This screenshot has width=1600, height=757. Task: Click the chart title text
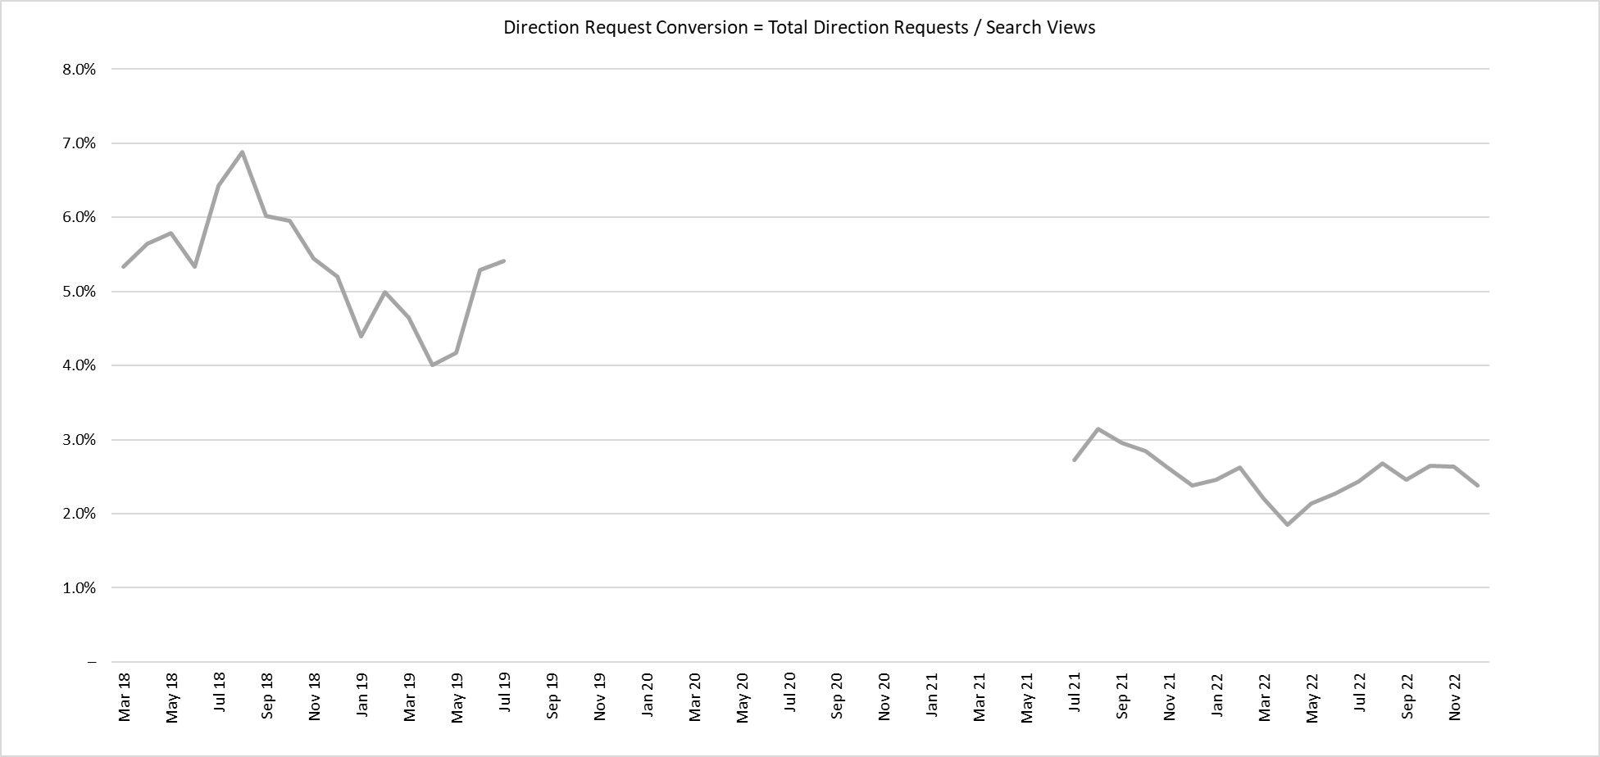tap(799, 28)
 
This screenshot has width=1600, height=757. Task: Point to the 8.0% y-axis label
tap(79, 70)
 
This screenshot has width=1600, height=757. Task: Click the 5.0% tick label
tap(79, 292)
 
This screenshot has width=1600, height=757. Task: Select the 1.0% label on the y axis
tap(79, 588)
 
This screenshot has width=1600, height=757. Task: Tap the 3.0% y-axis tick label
tap(79, 440)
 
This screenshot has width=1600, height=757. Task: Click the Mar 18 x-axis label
tap(125, 698)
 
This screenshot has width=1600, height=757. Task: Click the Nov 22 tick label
tap(1455, 697)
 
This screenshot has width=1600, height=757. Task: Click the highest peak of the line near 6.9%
tap(242, 152)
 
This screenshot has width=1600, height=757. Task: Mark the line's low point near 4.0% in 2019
tap(432, 365)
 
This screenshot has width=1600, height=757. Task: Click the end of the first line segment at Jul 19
tap(504, 261)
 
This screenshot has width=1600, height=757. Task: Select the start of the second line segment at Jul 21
tap(1074, 460)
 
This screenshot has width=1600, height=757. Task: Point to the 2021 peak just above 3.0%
tap(1098, 428)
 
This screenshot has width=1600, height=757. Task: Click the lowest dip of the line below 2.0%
tap(1288, 524)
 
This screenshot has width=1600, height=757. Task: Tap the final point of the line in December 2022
tap(1478, 486)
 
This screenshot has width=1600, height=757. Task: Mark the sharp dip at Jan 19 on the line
tap(361, 336)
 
